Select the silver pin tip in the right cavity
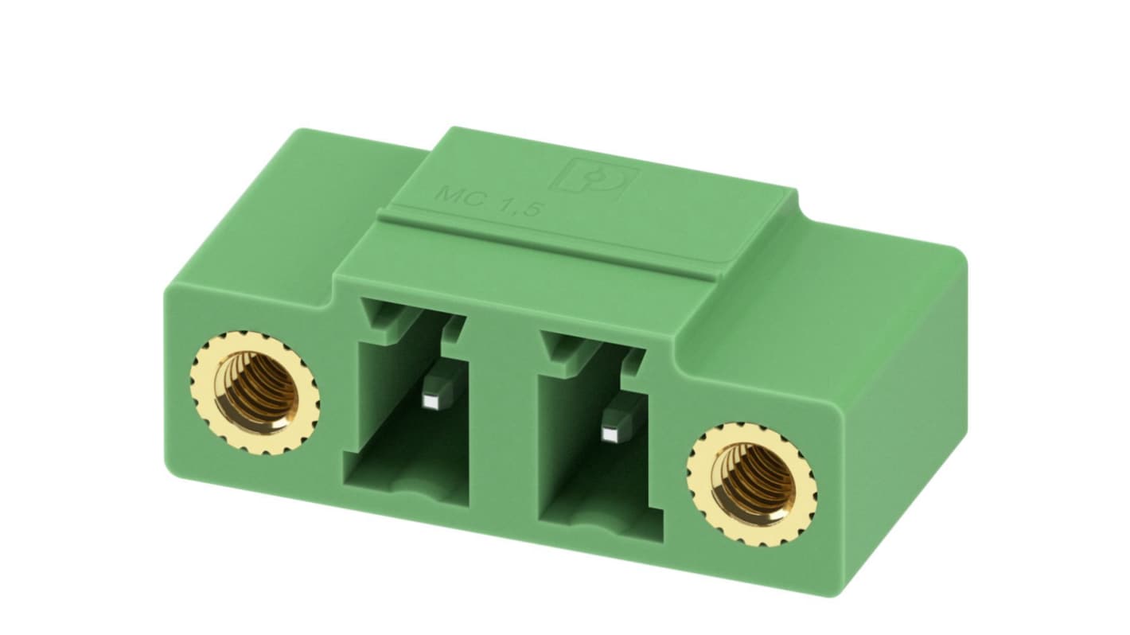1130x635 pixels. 611,434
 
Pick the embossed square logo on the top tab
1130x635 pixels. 596,175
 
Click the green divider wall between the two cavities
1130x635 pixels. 509,414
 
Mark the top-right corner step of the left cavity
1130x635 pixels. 454,326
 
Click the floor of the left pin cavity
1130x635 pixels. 406,477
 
